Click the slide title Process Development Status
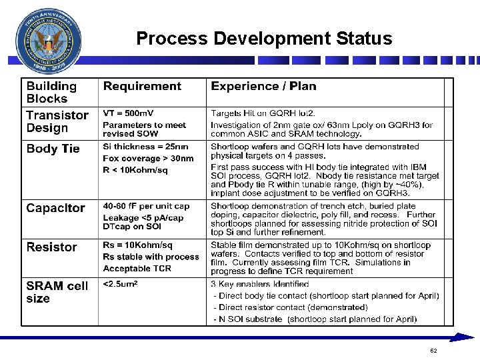click(264, 39)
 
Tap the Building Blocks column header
click(51, 92)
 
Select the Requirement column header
click(142, 86)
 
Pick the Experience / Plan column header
click(263, 86)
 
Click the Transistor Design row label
click(57, 121)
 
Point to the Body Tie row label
click(53, 149)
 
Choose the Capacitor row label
click(55, 208)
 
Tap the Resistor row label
click(51, 247)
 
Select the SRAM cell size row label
click(57, 292)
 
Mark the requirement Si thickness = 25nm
click(145, 147)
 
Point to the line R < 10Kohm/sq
click(135, 170)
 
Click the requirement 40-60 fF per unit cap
click(146, 207)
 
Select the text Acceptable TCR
click(137, 269)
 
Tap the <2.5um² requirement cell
click(120, 285)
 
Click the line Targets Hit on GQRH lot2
click(263, 113)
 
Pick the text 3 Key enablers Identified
click(260, 284)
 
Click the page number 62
click(433, 351)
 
